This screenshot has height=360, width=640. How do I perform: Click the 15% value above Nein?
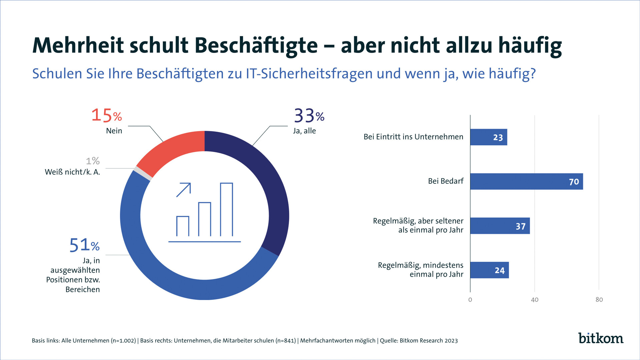(x=107, y=115)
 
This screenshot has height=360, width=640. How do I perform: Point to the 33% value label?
(x=309, y=116)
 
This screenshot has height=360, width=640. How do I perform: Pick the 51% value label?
(x=84, y=245)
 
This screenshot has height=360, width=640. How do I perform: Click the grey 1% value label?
(x=93, y=161)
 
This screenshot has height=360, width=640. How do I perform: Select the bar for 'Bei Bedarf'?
(x=526, y=182)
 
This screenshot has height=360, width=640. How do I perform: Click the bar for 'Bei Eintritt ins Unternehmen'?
(x=489, y=137)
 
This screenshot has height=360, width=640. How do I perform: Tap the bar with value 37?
(x=500, y=226)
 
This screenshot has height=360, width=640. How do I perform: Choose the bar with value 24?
(x=489, y=270)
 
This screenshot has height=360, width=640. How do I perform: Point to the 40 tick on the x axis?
(x=535, y=300)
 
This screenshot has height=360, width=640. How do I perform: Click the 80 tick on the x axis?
(x=599, y=300)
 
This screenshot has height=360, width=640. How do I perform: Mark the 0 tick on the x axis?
(x=470, y=300)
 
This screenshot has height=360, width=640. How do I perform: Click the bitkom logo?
(x=601, y=338)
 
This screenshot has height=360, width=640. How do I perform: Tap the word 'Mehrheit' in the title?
(x=78, y=45)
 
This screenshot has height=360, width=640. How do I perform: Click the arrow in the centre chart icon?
(x=184, y=190)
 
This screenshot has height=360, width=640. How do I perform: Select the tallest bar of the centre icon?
(x=226, y=209)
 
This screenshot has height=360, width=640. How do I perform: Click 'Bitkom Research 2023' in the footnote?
(x=429, y=341)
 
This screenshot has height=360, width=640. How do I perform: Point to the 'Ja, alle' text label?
(x=304, y=131)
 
